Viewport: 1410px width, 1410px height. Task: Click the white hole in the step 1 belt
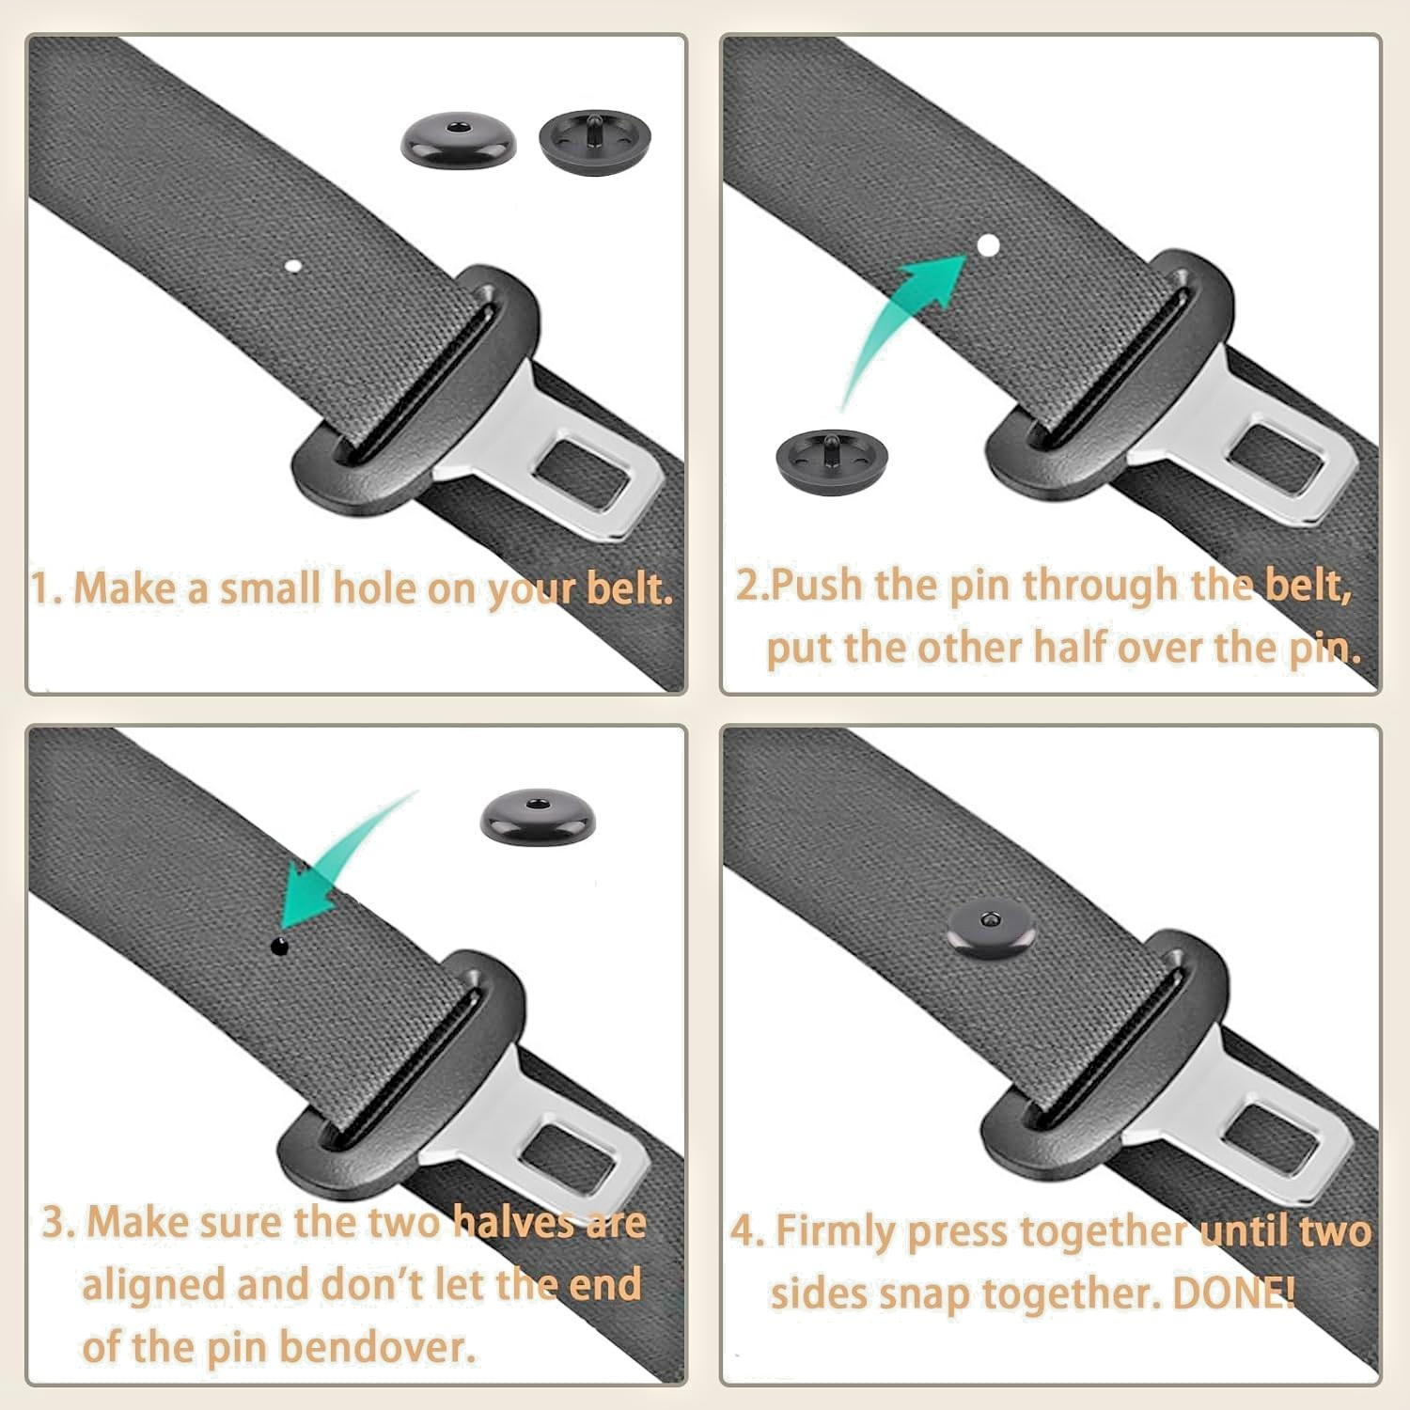pyautogui.click(x=293, y=267)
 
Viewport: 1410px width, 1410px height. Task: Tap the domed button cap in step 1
pyautogui.click(x=459, y=144)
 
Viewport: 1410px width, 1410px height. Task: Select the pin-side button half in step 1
pyautogui.click(x=595, y=140)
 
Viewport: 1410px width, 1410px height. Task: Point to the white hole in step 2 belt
pyautogui.click(x=987, y=245)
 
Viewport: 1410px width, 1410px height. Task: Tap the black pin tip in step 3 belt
pyautogui.click(x=279, y=946)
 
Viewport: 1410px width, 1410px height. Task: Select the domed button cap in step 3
pyautogui.click(x=537, y=817)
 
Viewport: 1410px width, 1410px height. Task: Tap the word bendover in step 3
pyautogui.click(x=377, y=1347)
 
